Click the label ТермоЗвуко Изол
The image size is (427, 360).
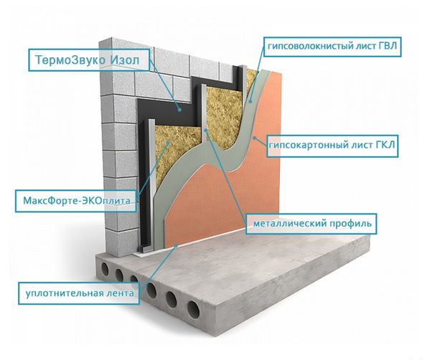click(88, 60)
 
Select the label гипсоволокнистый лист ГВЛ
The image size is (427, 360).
click(332, 46)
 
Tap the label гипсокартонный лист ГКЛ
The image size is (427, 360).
click(332, 145)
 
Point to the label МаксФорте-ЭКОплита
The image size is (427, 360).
click(77, 201)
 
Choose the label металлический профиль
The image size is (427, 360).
click(312, 224)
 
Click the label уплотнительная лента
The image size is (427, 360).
click(80, 293)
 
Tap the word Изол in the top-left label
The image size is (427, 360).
click(125, 60)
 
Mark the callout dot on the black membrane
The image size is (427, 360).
click(179, 110)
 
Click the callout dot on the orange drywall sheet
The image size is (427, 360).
click(254, 138)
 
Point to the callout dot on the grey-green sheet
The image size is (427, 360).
click(250, 102)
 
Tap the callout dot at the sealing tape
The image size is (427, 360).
click(177, 246)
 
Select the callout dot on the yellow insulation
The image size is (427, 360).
click(169, 143)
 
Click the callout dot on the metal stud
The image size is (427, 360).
click(206, 130)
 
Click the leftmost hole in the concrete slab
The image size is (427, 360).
click(105, 270)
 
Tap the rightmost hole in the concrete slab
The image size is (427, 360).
click(193, 309)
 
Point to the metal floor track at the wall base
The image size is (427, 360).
click(146, 247)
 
